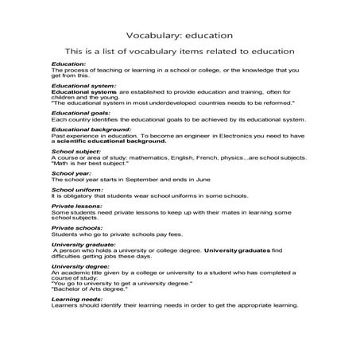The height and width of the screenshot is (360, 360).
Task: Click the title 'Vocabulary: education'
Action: coord(179,35)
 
